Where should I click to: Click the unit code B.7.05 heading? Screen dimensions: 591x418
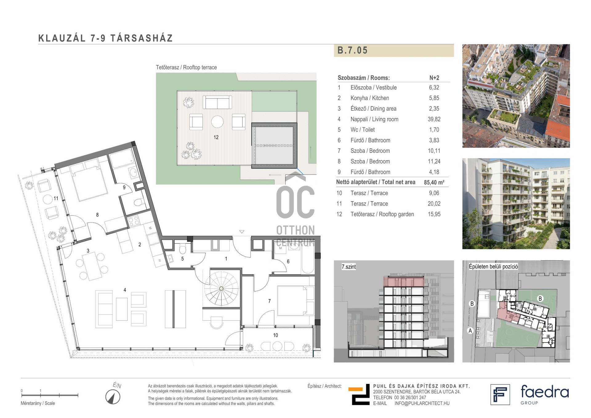pyautogui.click(x=352, y=50)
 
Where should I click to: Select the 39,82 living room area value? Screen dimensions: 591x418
pyautogui.click(x=434, y=119)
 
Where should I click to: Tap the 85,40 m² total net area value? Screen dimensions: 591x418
pyautogui.click(x=434, y=182)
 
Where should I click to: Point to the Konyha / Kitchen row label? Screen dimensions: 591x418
pyautogui.click(x=370, y=98)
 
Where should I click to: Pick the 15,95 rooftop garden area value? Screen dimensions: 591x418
pyautogui.click(x=434, y=214)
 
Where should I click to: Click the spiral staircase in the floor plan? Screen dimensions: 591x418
pyautogui.click(x=221, y=289)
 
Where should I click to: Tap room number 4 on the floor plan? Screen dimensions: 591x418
pyautogui.click(x=125, y=290)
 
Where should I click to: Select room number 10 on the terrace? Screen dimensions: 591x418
pyautogui.click(x=275, y=335)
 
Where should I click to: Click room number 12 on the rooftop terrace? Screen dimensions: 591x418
pyautogui.click(x=216, y=137)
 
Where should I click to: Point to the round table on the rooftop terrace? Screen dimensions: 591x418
pyautogui.click(x=217, y=122)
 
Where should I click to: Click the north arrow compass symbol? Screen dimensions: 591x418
pyautogui.click(x=113, y=397)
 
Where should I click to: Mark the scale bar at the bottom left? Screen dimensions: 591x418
pyautogui.click(x=50, y=395)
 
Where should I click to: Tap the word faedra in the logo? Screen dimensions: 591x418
pyautogui.click(x=545, y=392)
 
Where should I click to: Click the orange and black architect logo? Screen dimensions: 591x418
pyautogui.click(x=359, y=395)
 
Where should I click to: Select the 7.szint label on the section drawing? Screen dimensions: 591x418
pyautogui.click(x=348, y=267)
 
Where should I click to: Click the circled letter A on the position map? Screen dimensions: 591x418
pyautogui.click(x=470, y=331)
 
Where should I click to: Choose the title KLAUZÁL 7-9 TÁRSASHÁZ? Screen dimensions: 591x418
pyautogui.click(x=106, y=38)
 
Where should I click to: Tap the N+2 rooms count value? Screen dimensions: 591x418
pyautogui.click(x=434, y=78)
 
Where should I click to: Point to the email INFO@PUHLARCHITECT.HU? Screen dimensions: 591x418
pyautogui.click(x=422, y=403)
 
